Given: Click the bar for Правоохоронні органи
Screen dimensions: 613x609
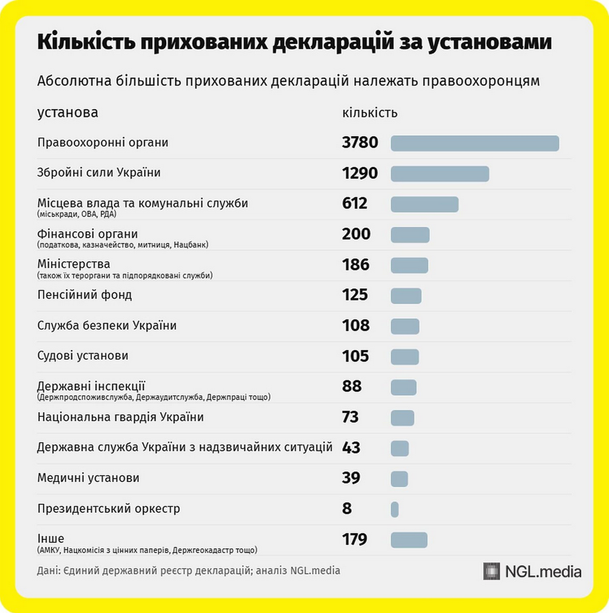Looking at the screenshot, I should (475, 143).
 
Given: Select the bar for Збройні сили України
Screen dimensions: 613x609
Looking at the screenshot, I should (440, 173).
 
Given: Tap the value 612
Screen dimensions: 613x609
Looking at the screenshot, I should (355, 204).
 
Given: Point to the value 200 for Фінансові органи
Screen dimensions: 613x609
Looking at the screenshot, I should (357, 234).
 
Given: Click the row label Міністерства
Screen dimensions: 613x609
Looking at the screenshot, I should (74, 264).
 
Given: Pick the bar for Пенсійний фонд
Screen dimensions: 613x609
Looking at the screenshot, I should (406, 295).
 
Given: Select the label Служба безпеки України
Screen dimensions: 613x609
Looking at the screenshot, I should (107, 325).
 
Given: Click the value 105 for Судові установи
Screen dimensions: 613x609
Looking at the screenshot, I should (356, 356).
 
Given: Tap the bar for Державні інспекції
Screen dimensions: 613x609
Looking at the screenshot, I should (403, 387).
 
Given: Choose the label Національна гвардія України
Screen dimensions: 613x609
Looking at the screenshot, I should (121, 417).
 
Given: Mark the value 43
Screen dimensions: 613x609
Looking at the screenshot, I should (352, 447).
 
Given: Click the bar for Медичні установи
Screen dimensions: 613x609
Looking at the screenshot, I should (399, 478).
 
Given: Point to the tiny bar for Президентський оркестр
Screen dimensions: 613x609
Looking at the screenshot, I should (395, 509).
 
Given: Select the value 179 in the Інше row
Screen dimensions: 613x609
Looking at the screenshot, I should (355, 539).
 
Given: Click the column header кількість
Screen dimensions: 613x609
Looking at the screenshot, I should (370, 113).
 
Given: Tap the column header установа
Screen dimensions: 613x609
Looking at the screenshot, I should (68, 112).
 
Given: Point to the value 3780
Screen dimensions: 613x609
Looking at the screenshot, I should (360, 143).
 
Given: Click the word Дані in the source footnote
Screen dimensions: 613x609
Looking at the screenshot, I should (48, 571).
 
